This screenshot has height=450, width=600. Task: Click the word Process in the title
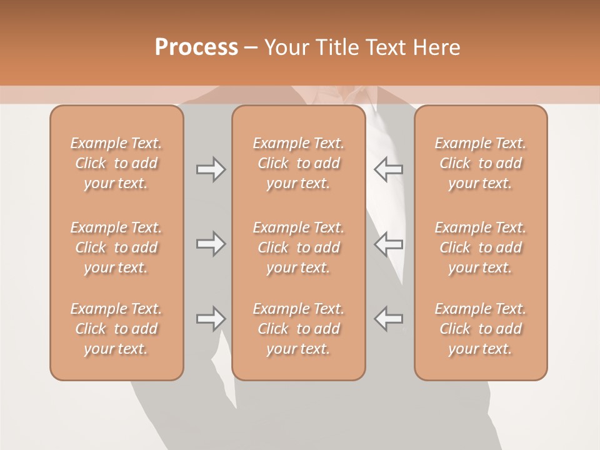coord(196,47)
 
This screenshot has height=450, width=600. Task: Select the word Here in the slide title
coord(437,47)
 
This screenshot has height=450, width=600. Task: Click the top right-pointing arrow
coord(211,169)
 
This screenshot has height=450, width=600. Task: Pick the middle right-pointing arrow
coord(211,244)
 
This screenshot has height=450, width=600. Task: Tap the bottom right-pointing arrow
coord(211,319)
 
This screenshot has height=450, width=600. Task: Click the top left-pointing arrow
coord(388,169)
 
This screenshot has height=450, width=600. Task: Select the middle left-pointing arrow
coord(388,244)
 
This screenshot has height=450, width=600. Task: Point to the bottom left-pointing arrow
coord(388,319)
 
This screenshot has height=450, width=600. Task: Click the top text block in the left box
coord(116,163)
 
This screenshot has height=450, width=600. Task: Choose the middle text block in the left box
coord(116,247)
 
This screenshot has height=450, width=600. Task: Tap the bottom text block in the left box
coord(116,329)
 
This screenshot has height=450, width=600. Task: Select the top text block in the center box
coord(299,163)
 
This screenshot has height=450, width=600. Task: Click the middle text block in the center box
coord(299,247)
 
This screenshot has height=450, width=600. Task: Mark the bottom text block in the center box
coord(299,329)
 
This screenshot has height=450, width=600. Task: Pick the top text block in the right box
coord(481,163)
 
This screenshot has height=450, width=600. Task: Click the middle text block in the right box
coord(481,247)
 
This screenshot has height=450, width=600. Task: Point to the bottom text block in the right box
coord(481,329)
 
